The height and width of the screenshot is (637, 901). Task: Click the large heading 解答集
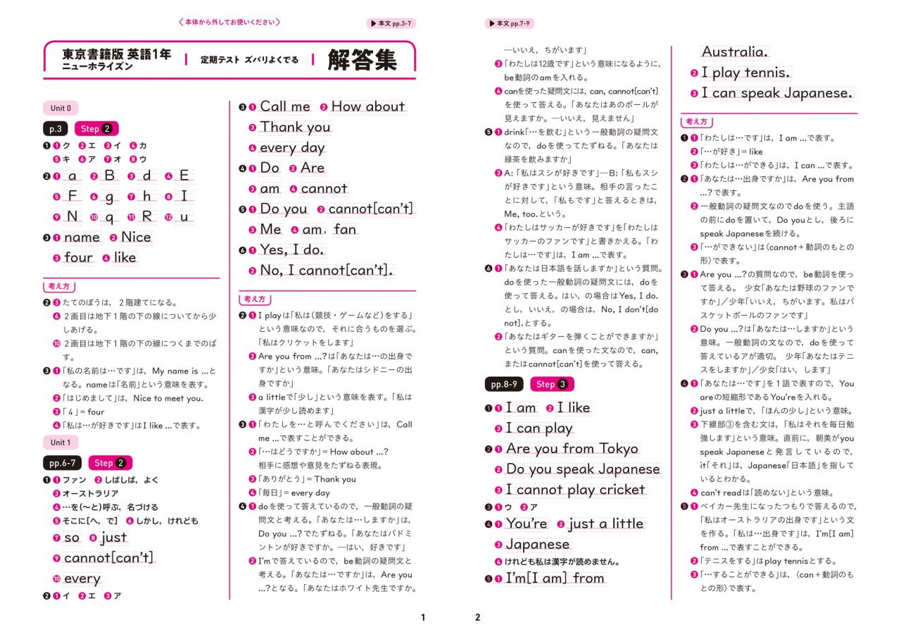tap(362, 60)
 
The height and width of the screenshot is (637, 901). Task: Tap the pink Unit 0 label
tap(61, 109)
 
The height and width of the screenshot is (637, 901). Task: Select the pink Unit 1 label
tap(61, 443)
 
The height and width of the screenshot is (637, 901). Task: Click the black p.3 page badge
tap(56, 129)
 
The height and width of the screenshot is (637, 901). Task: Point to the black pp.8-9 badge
tap(504, 385)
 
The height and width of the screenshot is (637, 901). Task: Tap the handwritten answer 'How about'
tap(367, 106)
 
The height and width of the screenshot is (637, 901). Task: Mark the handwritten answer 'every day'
tap(292, 148)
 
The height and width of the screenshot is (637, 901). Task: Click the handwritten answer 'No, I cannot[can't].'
tap(327, 271)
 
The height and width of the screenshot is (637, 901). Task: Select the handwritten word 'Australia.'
tap(735, 52)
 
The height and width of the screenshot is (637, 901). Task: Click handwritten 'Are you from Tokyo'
tap(572, 449)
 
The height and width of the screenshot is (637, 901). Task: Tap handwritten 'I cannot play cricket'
tap(575, 490)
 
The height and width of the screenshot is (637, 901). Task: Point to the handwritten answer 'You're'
tap(526, 524)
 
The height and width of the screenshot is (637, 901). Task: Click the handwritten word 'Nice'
tap(136, 237)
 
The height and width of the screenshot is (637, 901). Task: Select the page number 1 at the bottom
tap(423, 618)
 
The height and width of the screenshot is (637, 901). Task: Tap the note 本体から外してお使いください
tap(229, 23)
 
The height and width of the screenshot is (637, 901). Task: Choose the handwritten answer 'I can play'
tap(539, 428)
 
